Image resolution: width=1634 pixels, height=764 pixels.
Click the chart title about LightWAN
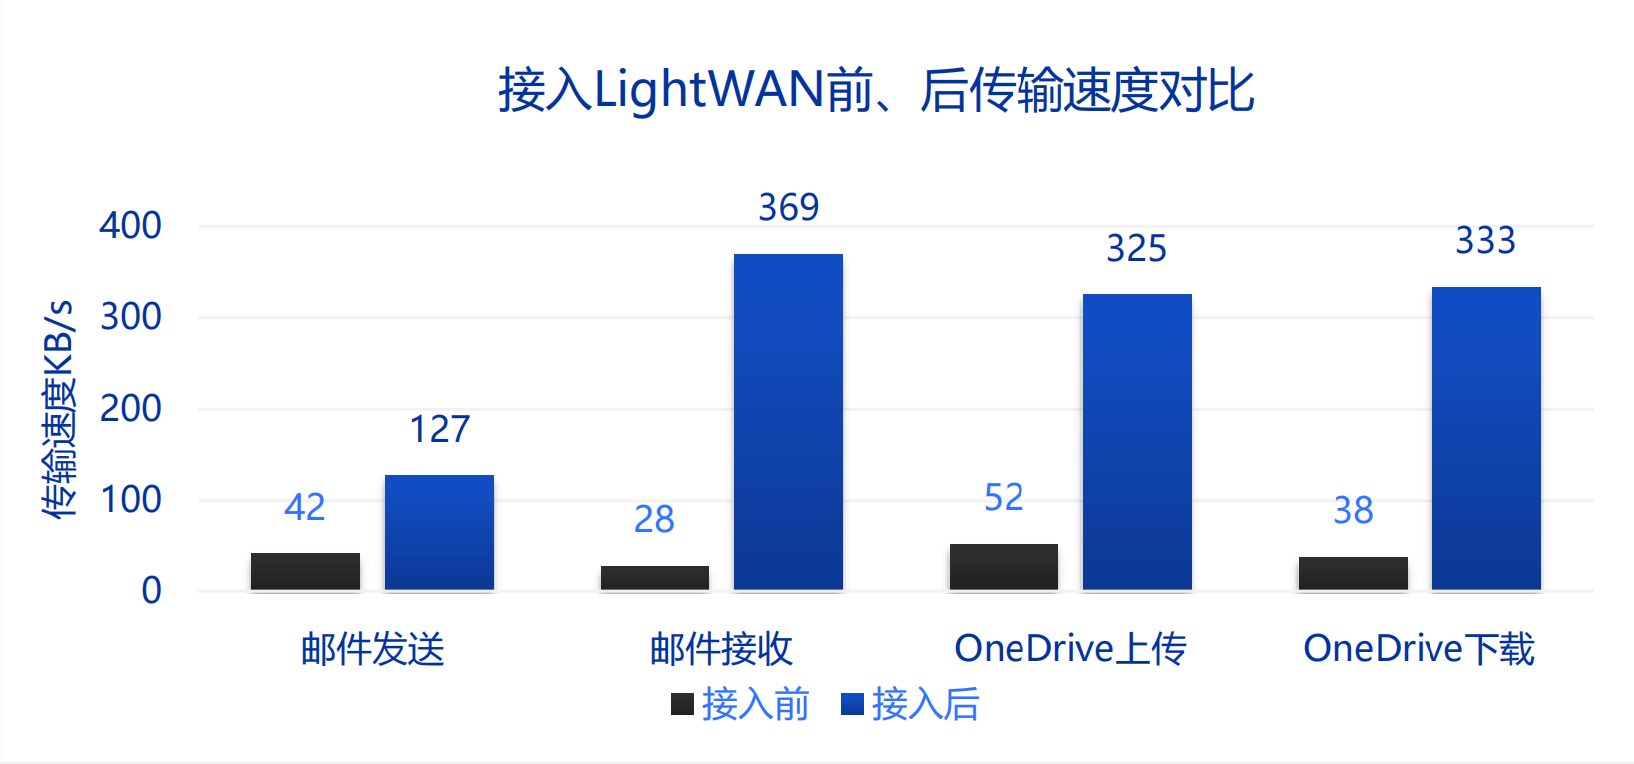point(876,90)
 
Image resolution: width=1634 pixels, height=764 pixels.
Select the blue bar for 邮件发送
point(439,533)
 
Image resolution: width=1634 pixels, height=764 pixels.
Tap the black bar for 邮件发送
point(305,572)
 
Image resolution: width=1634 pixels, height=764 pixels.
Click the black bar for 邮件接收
point(654,577)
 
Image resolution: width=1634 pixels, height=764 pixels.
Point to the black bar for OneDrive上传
point(1004,567)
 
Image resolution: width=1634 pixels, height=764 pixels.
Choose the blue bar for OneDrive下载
point(1486,439)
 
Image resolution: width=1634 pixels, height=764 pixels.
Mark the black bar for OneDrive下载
point(1353,573)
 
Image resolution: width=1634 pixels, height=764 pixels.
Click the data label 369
point(788,207)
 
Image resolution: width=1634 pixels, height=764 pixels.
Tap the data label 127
point(439,429)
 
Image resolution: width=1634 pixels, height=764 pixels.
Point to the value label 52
point(1004,497)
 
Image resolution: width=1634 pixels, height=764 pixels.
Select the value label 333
point(1485,240)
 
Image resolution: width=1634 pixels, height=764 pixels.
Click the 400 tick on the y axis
point(130,225)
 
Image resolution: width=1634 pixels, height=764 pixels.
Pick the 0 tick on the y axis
point(151,590)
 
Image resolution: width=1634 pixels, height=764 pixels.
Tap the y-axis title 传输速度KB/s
point(59,408)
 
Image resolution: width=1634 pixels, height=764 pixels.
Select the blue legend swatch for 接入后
point(852,704)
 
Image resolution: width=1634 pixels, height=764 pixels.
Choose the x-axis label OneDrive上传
point(1070,649)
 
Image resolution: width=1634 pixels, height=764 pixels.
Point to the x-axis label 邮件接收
point(721,649)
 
